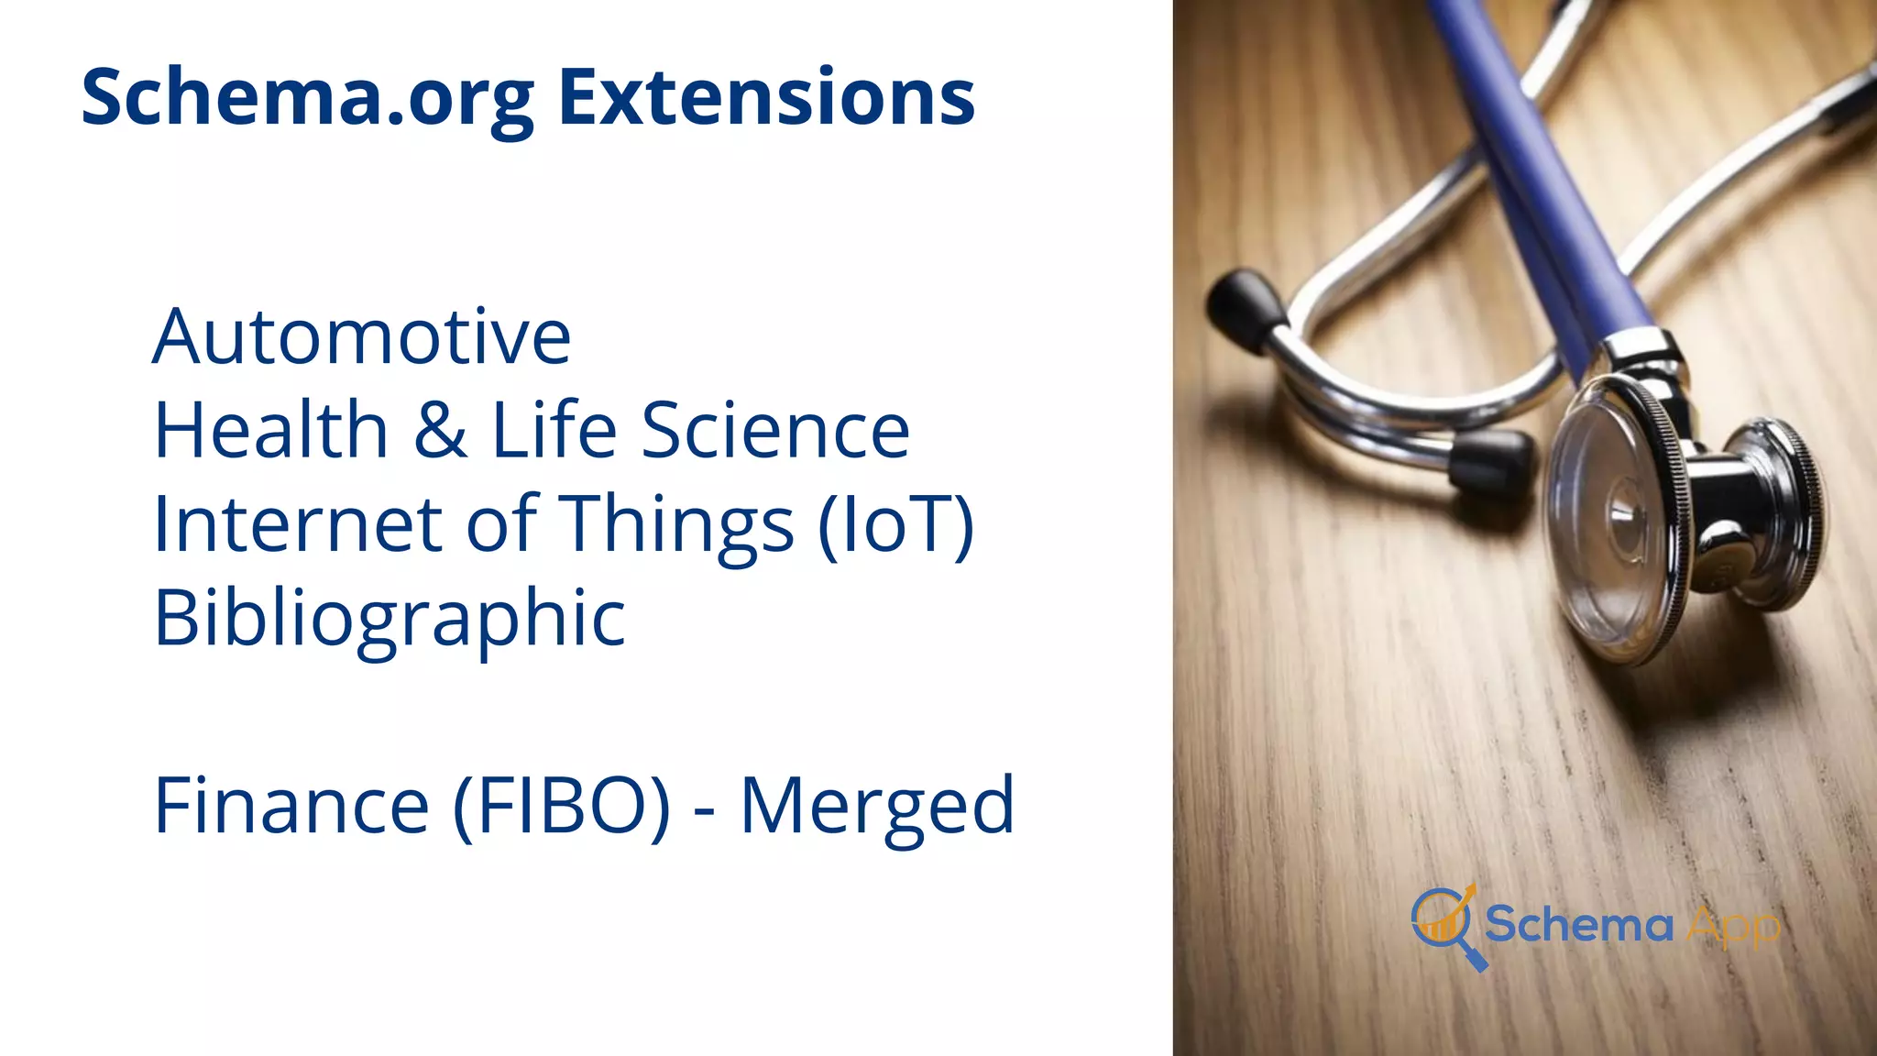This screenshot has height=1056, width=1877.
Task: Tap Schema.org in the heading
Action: pos(308,99)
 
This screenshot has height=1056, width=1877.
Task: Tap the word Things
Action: pos(676,525)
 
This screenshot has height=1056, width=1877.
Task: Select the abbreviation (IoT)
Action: pos(895,524)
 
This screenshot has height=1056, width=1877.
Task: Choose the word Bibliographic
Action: pos(390,619)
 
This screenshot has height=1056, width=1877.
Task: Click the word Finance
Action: pos(291,805)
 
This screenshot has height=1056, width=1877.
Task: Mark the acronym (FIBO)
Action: pos(563,805)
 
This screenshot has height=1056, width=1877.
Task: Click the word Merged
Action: pos(877,807)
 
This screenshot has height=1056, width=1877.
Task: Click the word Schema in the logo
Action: pos(1578,924)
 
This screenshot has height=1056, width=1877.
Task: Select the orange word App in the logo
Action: pos(1733,928)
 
